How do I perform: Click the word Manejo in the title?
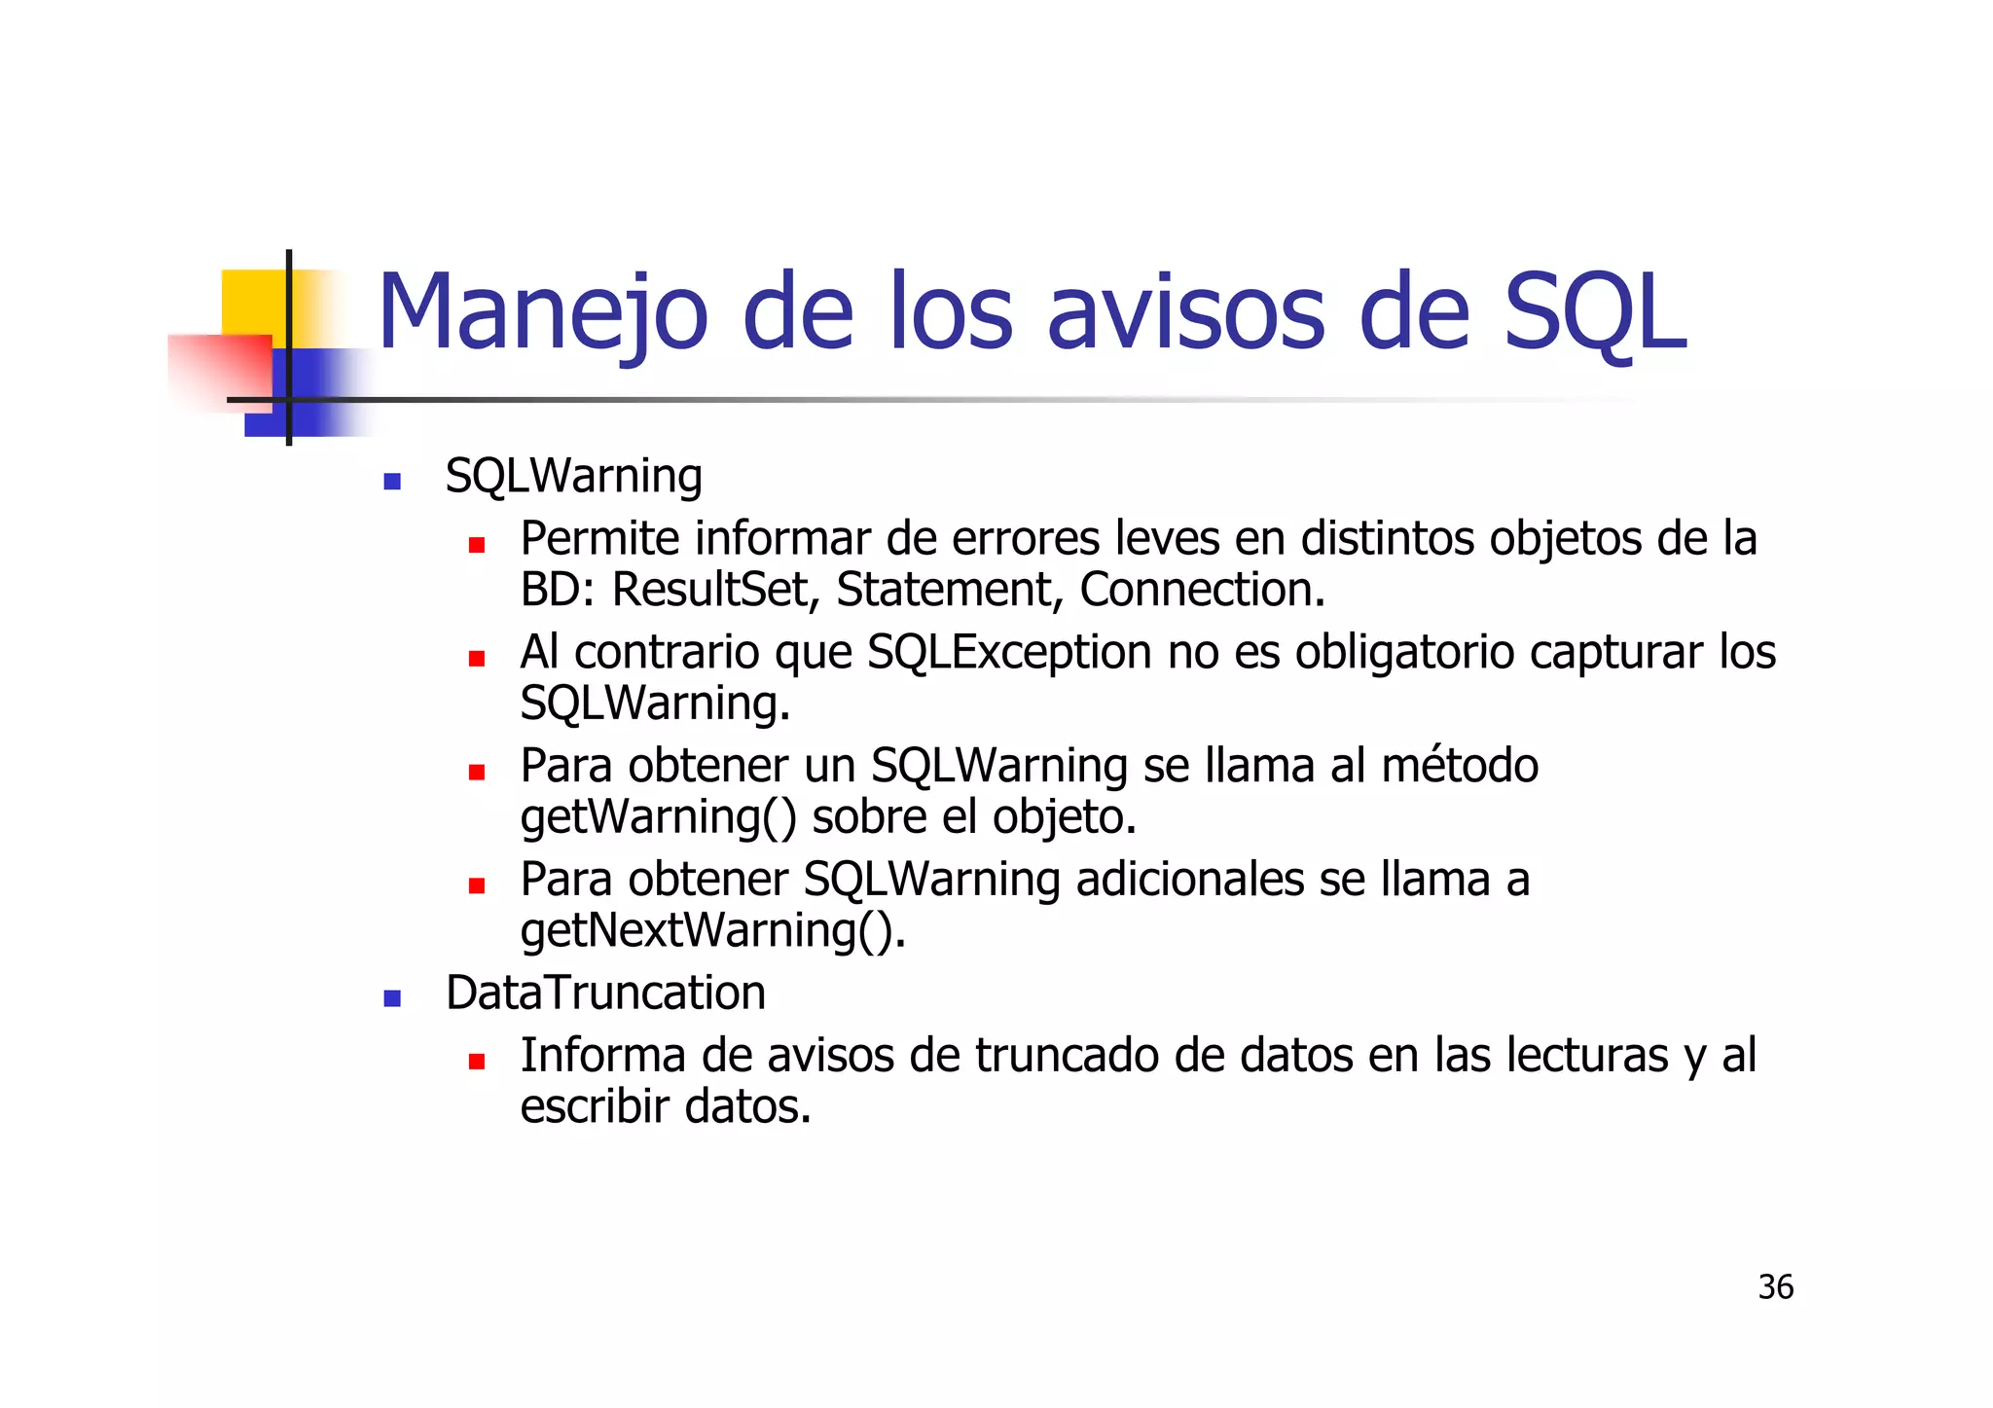click(x=542, y=313)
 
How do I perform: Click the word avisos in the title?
click(x=1185, y=313)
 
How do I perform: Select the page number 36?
click(x=1775, y=1287)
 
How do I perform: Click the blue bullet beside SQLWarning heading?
click(x=392, y=481)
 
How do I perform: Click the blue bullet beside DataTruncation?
click(x=392, y=998)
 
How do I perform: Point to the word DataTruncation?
click(x=605, y=993)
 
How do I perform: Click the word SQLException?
click(x=1009, y=652)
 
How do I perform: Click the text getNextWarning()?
click(x=712, y=930)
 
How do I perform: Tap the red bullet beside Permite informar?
click(x=476, y=545)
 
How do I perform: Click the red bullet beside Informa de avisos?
click(x=476, y=1062)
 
